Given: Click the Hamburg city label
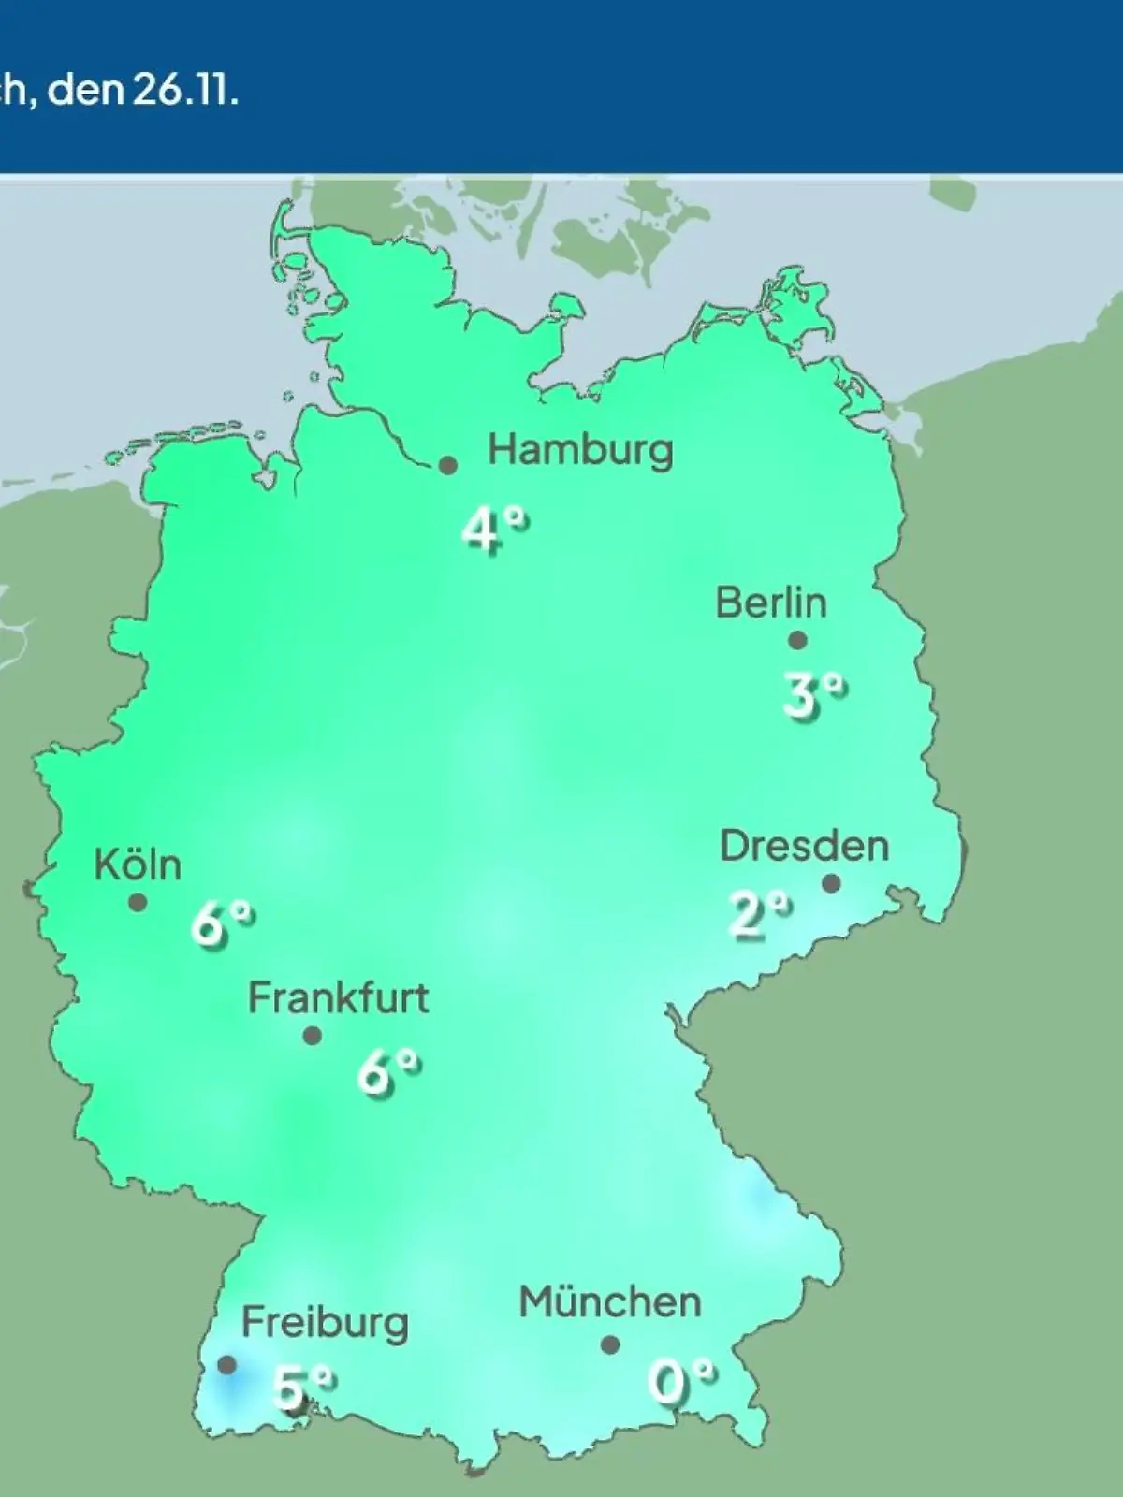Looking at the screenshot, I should pyautogui.click(x=580, y=451).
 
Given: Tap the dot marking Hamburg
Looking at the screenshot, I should pyautogui.click(x=448, y=465).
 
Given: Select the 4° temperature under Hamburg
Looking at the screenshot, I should pyautogui.click(x=494, y=530).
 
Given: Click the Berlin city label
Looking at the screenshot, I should pyautogui.click(x=771, y=603).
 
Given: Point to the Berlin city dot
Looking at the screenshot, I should pyautogui.click(x=797, y=641).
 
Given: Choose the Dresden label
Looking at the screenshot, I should pyautogui.click(x=804, y=846).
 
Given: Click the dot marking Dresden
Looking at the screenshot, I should pyautogui.click(x=831, y=883).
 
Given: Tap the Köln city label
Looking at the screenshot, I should pyautogui.click(x=138, y=865).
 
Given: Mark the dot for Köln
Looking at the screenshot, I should pyautogui.click(x=138, y=903).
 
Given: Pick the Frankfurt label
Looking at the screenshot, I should pyautogui.click(x=338, y=998).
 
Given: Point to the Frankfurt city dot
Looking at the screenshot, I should pyautogui.click(x=313, y=1036).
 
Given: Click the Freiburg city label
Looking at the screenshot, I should pyautogui.click(x=325, y=1323).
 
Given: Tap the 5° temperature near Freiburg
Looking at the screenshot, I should pyautogui.click(x=302, y=1386).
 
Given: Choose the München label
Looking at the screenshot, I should pyautogui.click(x=610, y=1302).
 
